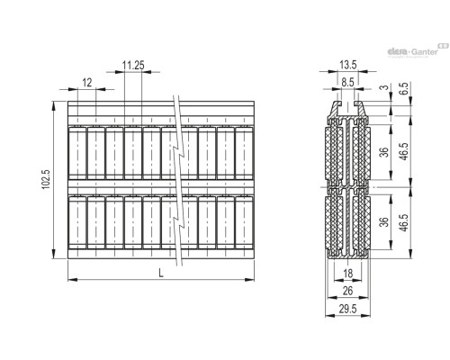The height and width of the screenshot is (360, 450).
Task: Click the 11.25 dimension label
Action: pyautogui.click(x=133, y=65)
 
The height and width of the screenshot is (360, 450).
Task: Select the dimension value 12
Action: pyautogui.click(x=87, y=83)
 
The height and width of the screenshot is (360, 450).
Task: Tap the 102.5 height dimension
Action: pyautogui.click(x=46, y=179)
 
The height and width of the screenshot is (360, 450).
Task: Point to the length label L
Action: pyautogui.click(x=161, y=273)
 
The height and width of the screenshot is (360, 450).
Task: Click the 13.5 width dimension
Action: pyautogui.click(x=348, y=65)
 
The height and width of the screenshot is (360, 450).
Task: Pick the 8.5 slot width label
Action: pyautogui.click(x=348, y=82)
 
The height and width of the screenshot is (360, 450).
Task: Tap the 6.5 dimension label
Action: pyautogui.click(x=404, y=89)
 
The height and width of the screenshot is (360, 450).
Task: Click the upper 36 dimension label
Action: pyautogui.click(x=384, y=152)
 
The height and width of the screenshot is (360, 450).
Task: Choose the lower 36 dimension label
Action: pyautogui.click(x=384, y=221)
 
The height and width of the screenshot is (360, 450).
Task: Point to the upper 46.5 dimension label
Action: pyautogui.click(x=404, y=151)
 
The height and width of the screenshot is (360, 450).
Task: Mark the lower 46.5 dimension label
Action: pyautogui.click(x=404, y=222)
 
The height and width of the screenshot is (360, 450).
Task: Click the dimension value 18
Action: pyautogui.click(x=347, y=274)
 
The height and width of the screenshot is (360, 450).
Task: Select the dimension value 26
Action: pyautogui.click(x=347, y=291)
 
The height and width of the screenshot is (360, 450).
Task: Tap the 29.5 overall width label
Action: pyautogui.click(x=348, y=309)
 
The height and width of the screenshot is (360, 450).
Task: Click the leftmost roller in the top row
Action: pyautogui.click(x=77, y=153)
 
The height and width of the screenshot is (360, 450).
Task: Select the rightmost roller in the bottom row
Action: pyautogui.click(x=244, y=222)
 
